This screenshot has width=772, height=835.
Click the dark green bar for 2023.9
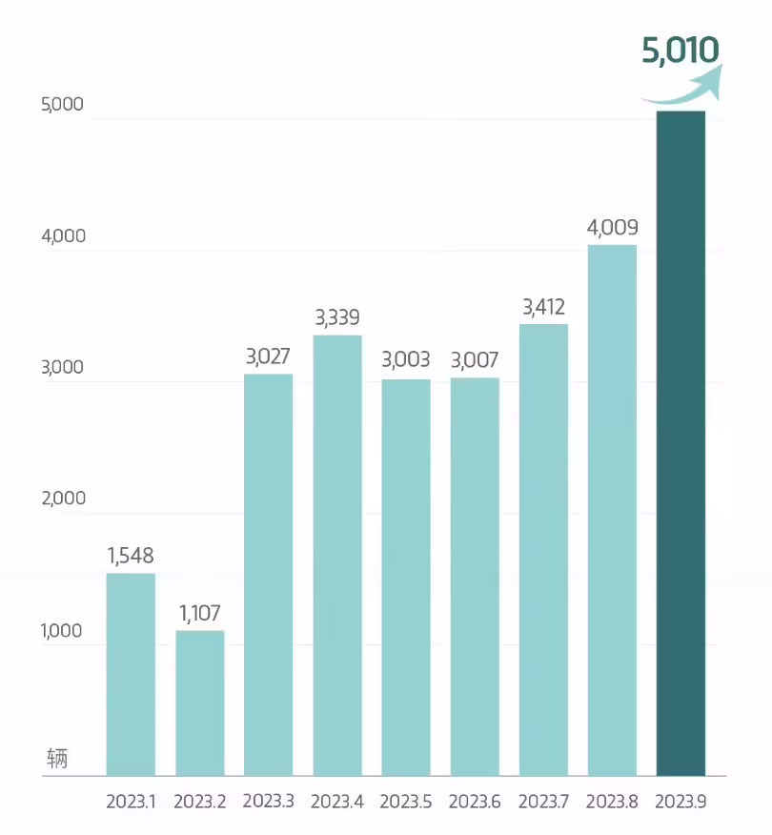pos(681,443)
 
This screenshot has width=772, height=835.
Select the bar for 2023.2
pos(200,703)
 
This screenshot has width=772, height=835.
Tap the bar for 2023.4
pos(337,555)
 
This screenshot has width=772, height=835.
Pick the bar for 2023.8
pos(612,510)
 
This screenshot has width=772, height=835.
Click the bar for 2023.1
pos(131,674)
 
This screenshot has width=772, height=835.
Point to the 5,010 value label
pos(680,50)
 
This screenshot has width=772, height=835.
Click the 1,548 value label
pos(131,555)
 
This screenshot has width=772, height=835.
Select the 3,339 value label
pos(337,317)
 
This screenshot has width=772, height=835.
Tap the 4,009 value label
pos(612,228)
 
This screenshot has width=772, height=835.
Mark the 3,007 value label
pos(475,360)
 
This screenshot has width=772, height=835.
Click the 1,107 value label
pos(200,613)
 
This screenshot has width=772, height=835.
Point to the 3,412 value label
pos(543,307)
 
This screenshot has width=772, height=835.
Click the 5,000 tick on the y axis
pos(63,105)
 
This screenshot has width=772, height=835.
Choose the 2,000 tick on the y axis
pos(63,499)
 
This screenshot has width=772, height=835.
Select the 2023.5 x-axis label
pos(406,802)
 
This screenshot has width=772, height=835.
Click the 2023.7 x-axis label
pos(543,802)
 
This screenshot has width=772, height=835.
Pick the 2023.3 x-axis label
pos(269,802)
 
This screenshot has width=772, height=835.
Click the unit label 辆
pos(57,760)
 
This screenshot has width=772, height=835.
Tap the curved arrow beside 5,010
pos(684,87)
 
